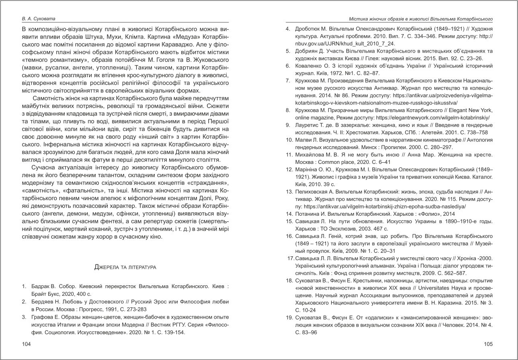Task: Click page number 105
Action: pos(488,344)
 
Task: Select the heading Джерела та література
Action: pos(125,267)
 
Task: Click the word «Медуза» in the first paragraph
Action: pos(160,37)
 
